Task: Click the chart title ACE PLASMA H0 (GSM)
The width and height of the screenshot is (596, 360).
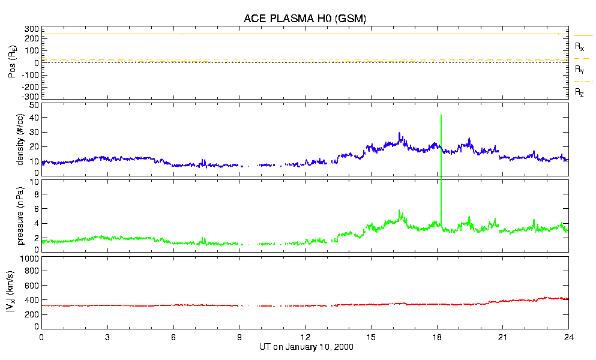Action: tap(305, 19)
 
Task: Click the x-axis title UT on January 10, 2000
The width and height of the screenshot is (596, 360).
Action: tap(304, 347)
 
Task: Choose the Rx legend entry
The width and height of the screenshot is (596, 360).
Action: tap(580, 46)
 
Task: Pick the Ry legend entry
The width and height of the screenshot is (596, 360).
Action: tap(580, 70)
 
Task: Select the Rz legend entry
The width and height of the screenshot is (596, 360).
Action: tap(580, 92)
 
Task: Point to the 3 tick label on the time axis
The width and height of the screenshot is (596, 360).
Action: tap(107, 338)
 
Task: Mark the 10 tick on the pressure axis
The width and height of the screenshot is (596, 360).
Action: tap(34, 181)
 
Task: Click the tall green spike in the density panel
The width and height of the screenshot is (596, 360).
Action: tap(441, 129)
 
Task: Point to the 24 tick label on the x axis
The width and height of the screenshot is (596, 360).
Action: tap(568, 338)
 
